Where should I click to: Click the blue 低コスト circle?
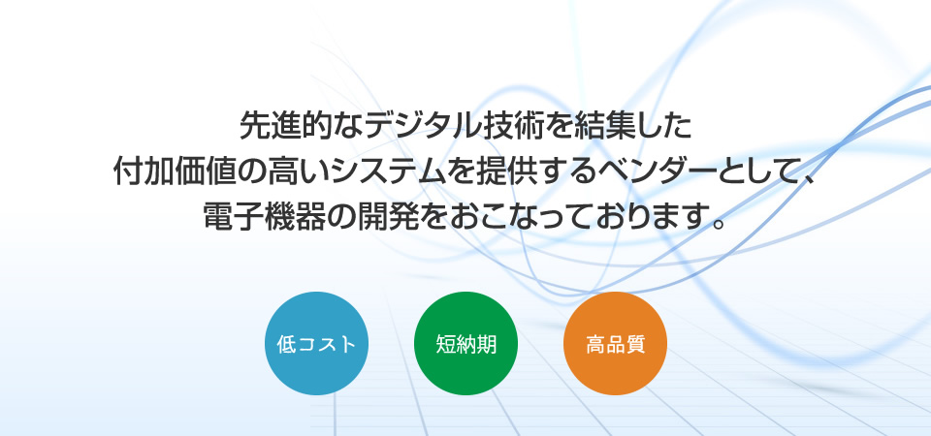coord(316,343)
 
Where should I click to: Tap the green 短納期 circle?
coord(466,343)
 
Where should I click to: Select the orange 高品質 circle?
coord(615,343)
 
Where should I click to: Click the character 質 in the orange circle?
coord(635,344)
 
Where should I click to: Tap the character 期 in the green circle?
coord(486,344)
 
